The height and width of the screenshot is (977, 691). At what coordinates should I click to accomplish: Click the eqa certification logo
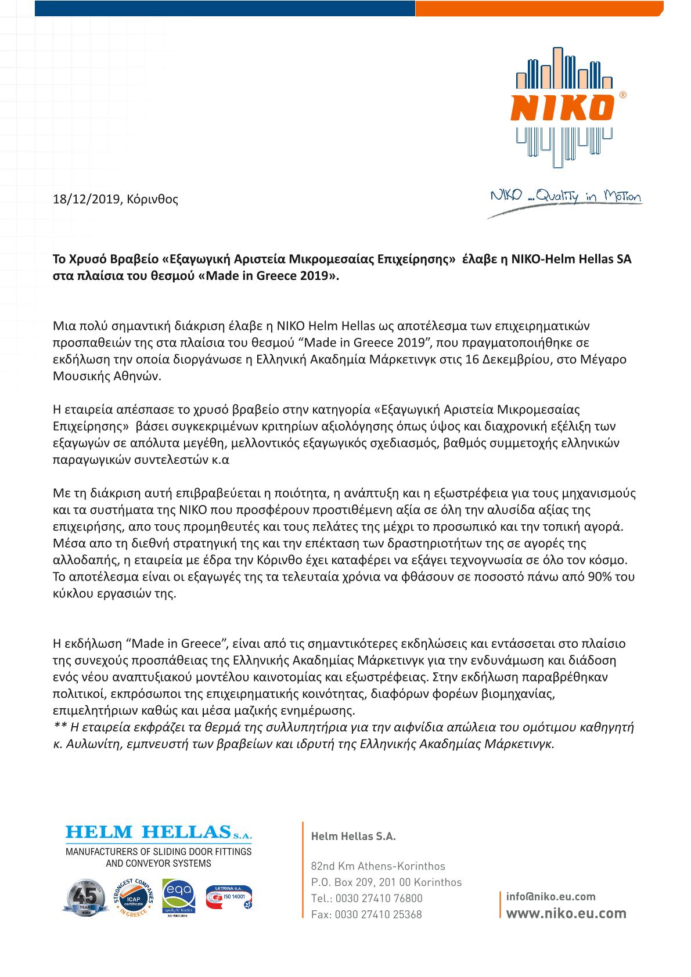point(178,897)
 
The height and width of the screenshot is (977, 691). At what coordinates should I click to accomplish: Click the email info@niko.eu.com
point(550,897)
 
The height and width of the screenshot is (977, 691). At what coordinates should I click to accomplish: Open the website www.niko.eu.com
point(566,913)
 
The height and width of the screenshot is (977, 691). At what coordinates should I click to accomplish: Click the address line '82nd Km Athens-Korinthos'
point(378,866)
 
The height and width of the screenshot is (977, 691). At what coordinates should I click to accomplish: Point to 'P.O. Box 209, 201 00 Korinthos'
point(386,882)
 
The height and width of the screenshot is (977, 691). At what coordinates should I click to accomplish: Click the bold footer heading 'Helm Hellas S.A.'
point(353,837)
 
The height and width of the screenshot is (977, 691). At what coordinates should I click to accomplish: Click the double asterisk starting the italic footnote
point(59,727)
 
